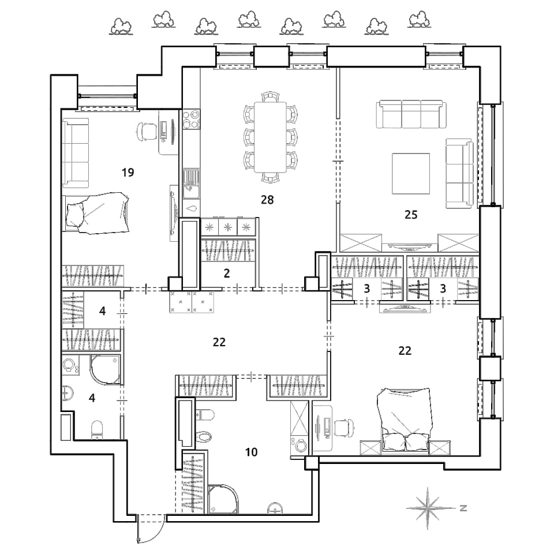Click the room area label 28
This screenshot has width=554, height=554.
(x=267, y=200)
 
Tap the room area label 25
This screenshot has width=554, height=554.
(x=411, y=215)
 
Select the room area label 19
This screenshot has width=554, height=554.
(x=128, y=173)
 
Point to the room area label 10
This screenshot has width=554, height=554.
(x=251, y=452)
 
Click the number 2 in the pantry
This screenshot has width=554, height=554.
(x=226, y=273)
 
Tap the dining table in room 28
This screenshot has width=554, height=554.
(x=270, y=137)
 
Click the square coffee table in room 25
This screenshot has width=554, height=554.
(x=411, y=174)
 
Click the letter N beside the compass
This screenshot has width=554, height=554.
(x=463, y=508)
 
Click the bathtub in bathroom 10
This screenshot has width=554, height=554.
(x=186, y=423)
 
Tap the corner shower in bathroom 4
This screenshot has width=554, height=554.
(x=105, y=370)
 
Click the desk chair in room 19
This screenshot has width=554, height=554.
(x=146, y=132)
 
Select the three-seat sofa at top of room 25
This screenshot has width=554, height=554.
(x=411, y=114)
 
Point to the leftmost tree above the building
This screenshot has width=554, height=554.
(x=121, y=27)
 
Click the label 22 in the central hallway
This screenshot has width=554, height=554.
(x=219, y=342)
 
